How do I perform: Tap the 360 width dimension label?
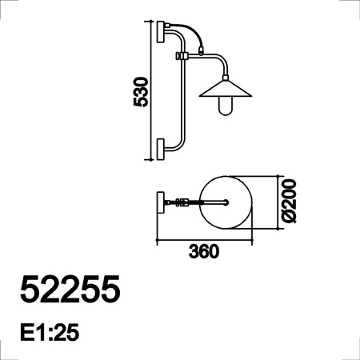coord(204,251)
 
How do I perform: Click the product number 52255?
coord(70,289)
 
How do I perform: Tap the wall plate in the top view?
coord(160,202)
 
